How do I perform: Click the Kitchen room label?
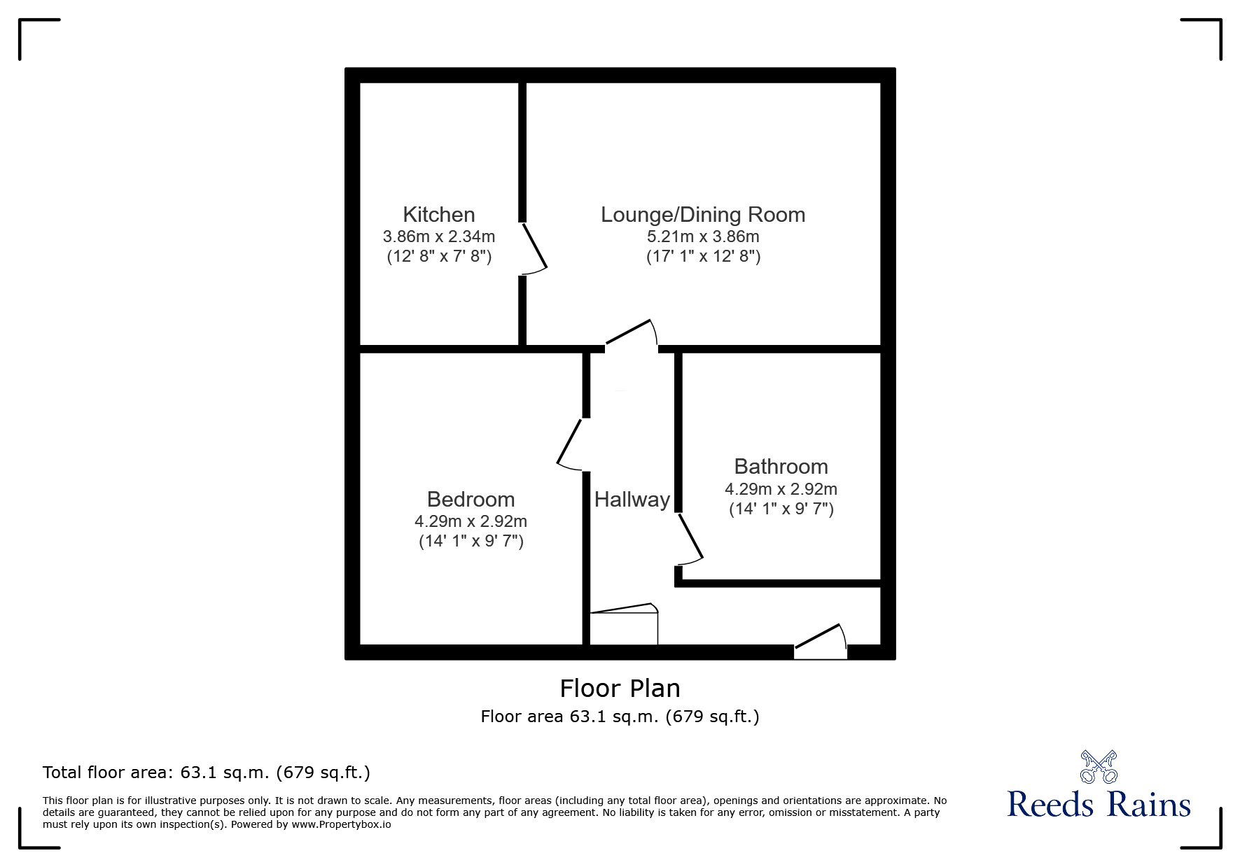point(439,214)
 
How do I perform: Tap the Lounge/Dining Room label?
point(703,214)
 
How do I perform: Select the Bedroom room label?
point(471,499)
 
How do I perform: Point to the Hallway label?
point(632,499)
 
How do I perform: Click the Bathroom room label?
point(781,466)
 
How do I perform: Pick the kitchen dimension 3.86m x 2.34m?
point(439,237)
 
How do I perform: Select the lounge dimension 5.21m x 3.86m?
point(703,237)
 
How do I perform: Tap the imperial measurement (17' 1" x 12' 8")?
point(703,256)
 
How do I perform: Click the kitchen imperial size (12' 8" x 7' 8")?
point(439,256)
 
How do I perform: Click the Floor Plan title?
point(620,689)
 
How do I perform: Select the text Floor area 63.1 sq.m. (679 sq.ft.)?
point(620,717)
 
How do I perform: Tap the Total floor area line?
point(207,773)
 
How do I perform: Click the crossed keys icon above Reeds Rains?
point(1099,767)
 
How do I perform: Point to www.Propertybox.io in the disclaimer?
point(341,824)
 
